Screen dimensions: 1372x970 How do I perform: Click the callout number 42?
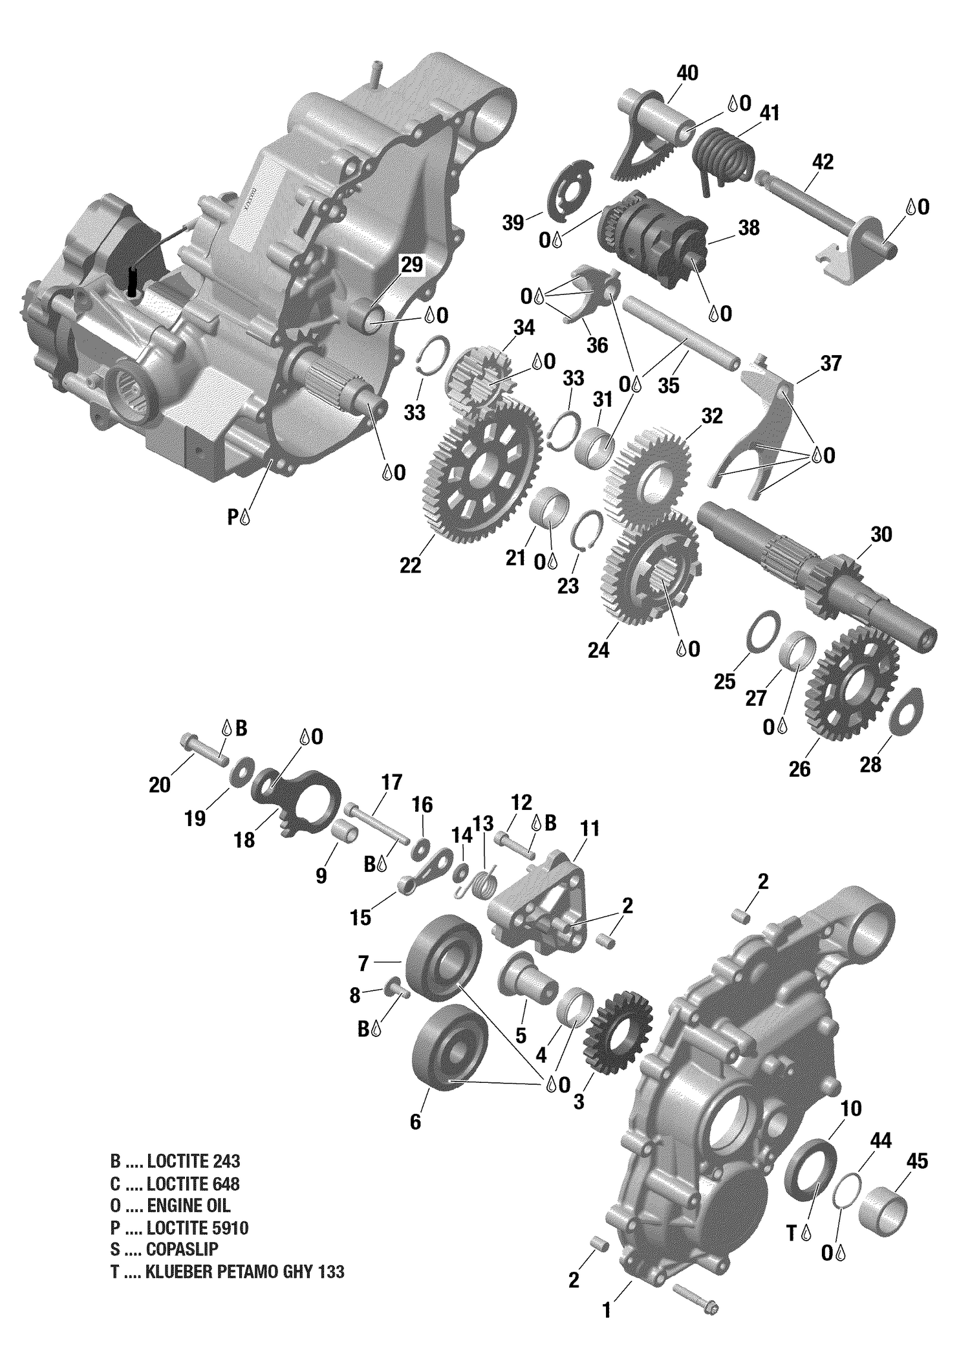click(823, 162)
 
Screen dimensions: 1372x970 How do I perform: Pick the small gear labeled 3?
click(618, 1036)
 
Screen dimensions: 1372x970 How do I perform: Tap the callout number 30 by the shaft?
click(881, 534)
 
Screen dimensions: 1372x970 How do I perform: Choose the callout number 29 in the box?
click(411, 265)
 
